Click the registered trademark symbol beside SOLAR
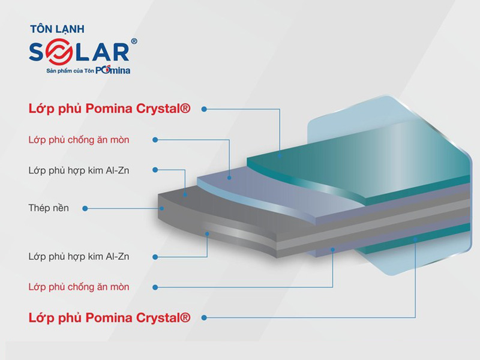134,41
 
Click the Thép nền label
49,208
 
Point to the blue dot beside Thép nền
85,208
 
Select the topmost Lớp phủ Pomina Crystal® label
109,109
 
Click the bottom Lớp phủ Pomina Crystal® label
109,317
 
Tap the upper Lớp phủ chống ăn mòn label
79,140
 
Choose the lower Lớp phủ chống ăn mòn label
79,287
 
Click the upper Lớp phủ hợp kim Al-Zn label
79,170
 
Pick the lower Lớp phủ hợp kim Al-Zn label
79,256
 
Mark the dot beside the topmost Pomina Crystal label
204,109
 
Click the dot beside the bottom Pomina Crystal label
204,317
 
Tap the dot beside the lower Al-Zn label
155,256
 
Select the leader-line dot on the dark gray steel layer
163,208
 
